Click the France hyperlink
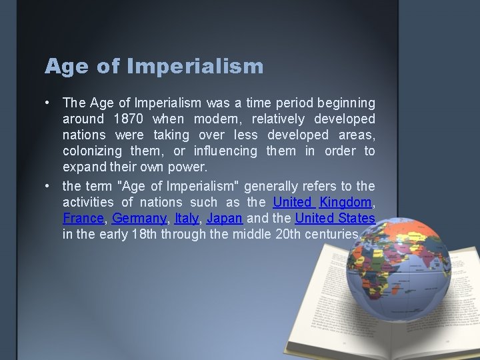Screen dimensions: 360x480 83,218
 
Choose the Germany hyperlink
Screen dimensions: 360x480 139,218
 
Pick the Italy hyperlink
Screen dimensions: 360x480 187,218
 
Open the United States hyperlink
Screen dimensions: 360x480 335,218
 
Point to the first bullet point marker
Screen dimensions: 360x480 49,103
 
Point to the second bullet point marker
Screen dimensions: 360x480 49,186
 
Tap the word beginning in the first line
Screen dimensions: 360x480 346,103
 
